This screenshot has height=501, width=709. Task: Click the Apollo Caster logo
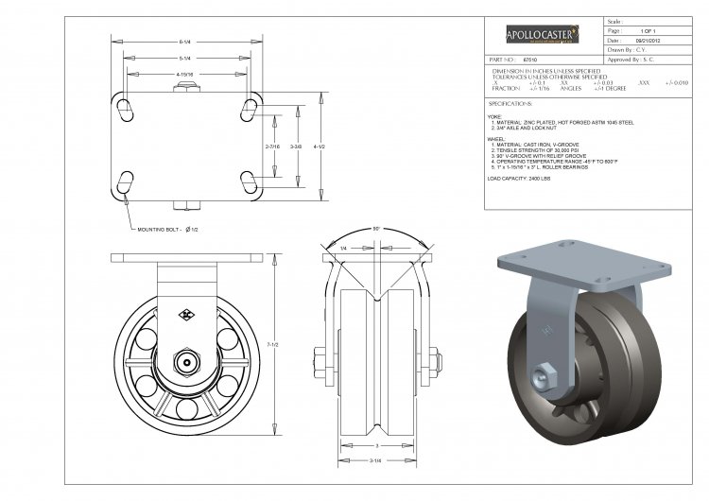click(543, 35)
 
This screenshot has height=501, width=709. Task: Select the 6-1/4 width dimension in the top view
click(186, 41)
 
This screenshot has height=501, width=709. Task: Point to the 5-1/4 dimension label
click(186, 58)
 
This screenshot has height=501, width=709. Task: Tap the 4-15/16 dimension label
click(186, 73)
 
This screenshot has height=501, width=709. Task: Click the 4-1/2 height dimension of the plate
click(320, 147)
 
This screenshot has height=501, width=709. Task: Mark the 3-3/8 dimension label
click(296, 147)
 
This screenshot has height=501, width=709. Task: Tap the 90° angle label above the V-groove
click(376, 230)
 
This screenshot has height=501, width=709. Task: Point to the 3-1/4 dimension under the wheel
click(376, 460)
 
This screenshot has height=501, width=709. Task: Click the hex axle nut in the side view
click(188, 361)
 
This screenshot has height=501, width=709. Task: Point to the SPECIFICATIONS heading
click(510, 102)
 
